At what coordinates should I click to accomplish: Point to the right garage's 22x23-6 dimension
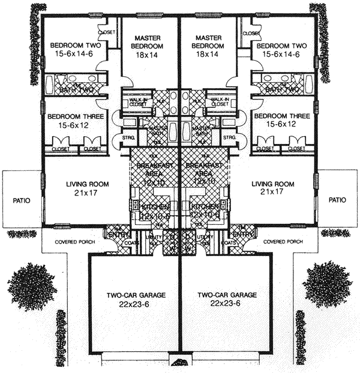click(227, 304)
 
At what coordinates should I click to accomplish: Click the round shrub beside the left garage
click(29, 284)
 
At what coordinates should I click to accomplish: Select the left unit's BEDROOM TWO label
click(75, 46)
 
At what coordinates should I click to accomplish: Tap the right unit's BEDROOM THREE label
click(281, 116)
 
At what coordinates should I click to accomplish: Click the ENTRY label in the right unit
click(242, 234)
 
